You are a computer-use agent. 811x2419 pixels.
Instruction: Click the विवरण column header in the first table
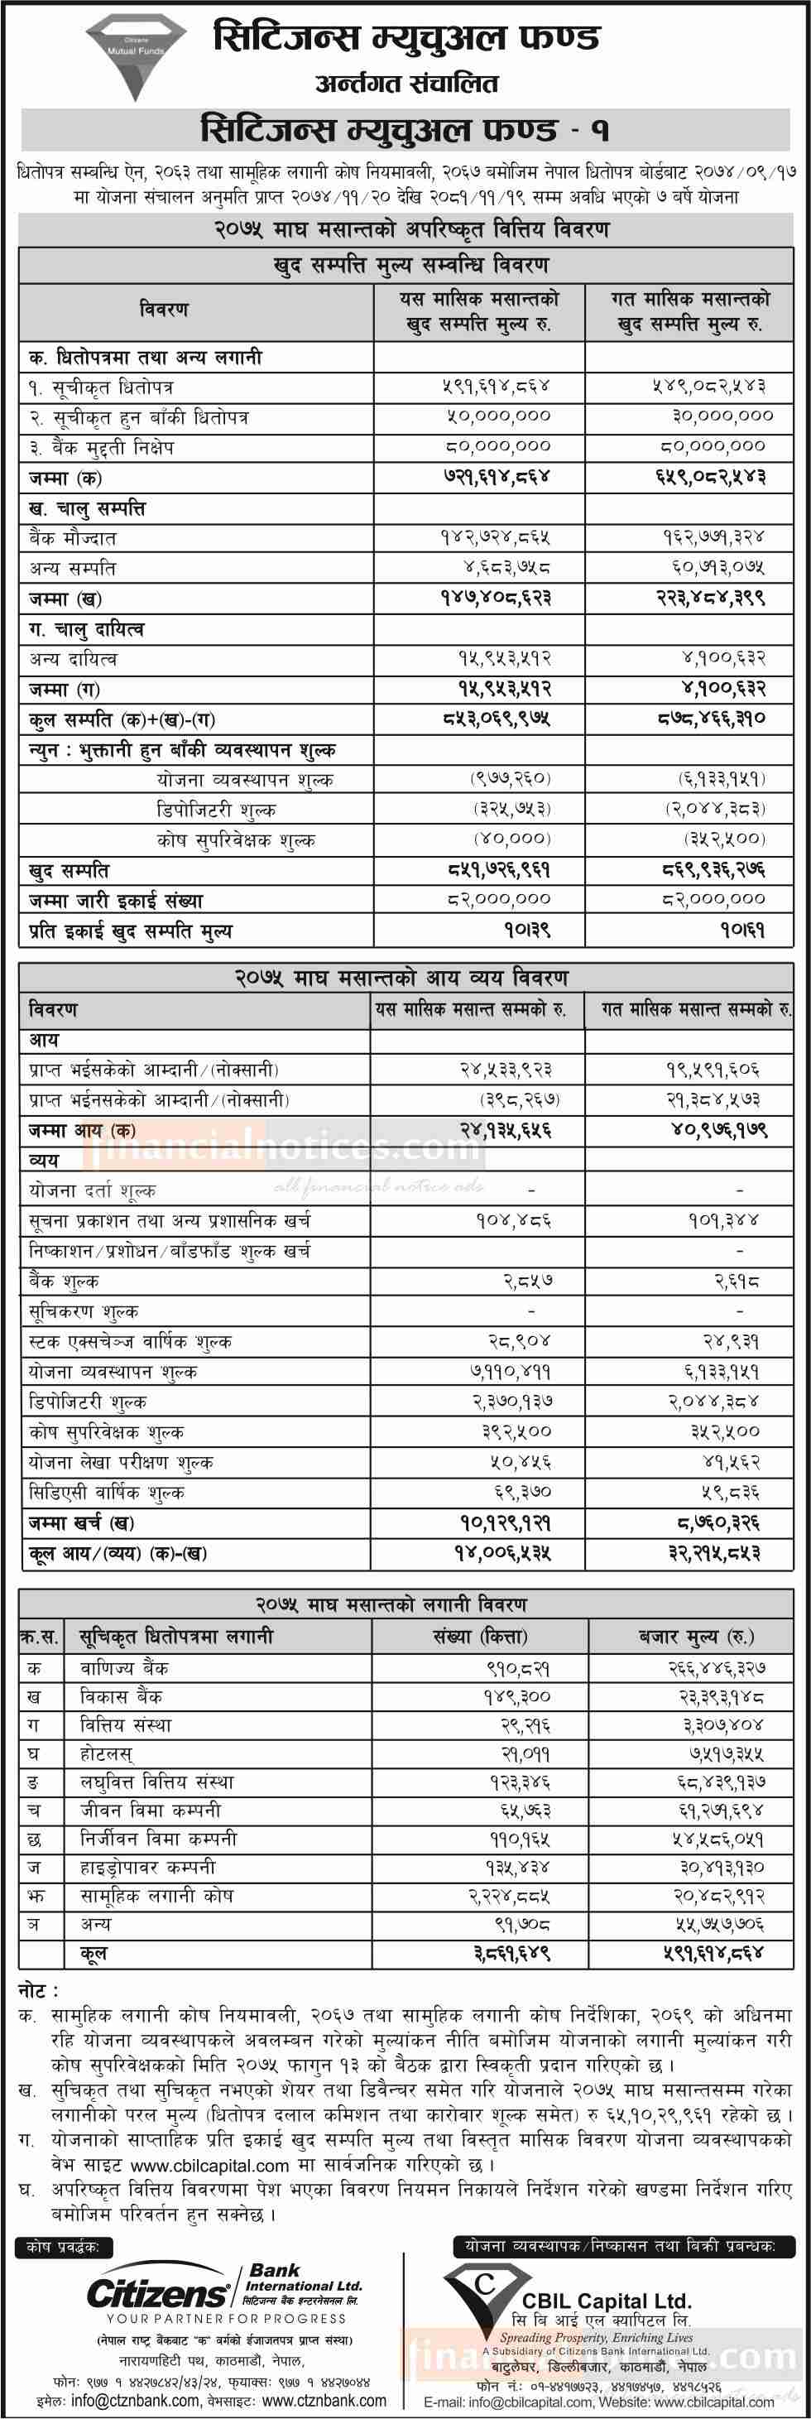[x=163, y=309]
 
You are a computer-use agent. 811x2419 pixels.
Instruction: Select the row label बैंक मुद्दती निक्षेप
[x=101, y=447]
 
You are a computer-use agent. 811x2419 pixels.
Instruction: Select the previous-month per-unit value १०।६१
[x=742, y=931]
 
